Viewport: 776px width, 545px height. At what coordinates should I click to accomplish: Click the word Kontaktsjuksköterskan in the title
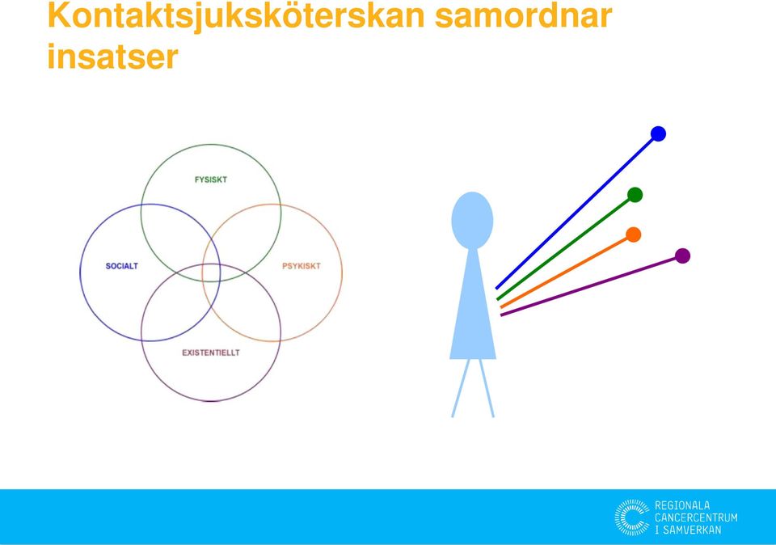pyautogui.click(x=236, y=17)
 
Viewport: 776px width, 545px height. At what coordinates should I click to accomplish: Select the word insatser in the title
pyautogui.click(x=112, y=57)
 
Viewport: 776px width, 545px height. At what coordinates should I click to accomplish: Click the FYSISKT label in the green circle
pyautogui.click(x=211, y=180)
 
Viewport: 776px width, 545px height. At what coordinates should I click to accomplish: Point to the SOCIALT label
pyautogui.click(x=122, y=266)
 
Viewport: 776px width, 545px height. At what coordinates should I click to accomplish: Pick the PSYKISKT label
pyautogui.click(x=302, y=266)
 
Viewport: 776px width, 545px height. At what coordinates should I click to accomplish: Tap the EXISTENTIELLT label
pyautogui.click(x=211, y=353)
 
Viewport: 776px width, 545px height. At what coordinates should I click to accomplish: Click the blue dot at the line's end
pyautogui.click(x=658, y=133)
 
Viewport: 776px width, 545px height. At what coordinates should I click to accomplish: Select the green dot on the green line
pyautogui.click(x=635, y=195)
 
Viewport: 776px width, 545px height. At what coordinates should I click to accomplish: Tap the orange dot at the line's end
pyautogui.click(x=634, y=234)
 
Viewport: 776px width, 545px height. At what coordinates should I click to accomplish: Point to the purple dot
pyautogui.click(x=682, y=256)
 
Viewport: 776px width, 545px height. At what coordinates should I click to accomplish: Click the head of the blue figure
pyautogui.click(x=472, y=220)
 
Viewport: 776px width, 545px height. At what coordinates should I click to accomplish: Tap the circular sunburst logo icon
pyautogui.click(x=632, y=518)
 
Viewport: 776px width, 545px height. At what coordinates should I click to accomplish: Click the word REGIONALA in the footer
pyautogui.click(x=682, y=505)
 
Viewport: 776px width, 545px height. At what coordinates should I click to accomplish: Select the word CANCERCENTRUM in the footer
pyautogui.click(x=696, y=518)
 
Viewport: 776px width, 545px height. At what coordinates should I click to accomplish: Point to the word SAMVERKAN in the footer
pyautogui.click(x=692, y=530)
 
